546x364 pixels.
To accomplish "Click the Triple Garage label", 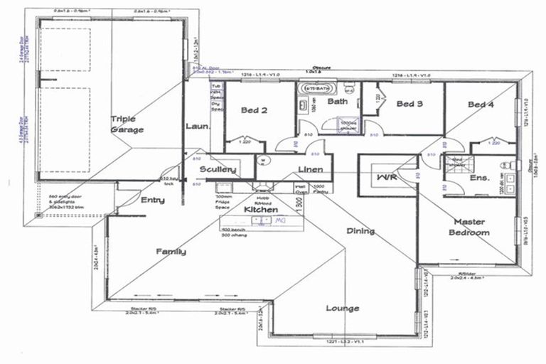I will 127,124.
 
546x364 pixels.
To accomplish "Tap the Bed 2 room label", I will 253,110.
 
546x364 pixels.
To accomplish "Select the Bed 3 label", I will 409,104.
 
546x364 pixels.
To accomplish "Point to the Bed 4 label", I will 481,105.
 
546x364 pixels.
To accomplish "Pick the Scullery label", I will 218,170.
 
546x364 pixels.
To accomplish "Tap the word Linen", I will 311,169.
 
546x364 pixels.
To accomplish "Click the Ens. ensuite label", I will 479,177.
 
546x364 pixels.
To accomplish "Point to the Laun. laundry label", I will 197,127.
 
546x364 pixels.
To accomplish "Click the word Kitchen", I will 261,210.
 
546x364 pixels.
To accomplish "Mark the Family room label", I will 171,251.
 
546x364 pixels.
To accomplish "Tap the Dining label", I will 360,231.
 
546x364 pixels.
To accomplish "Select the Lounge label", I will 342,308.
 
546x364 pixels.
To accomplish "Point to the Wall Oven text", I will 301,189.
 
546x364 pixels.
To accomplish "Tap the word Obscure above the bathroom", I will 313,68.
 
